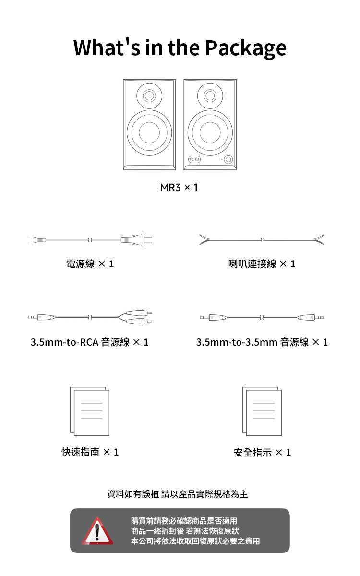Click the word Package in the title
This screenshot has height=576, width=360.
tap(245, 48)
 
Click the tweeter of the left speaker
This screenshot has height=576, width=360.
tap(149, 95)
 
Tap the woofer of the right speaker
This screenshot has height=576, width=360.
tap(210, 132)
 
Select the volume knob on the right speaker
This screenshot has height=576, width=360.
tap(228, 159)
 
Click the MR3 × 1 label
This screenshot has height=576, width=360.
tap(179, 187)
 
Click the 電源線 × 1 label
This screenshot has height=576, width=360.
tap(90, 264)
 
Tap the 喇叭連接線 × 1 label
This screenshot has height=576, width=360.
tap(262, 264)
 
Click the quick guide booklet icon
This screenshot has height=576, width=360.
tap(90, 411)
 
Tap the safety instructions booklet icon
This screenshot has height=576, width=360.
tap(262, 411)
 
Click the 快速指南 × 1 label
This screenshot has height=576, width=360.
tap(90, 452)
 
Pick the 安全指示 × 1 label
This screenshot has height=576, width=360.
tap(262, 452)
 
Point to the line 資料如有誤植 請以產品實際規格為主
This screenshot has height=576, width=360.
tap(178, 494)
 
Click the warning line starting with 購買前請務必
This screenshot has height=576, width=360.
tap(184, 521)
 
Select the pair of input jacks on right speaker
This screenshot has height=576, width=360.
tap(194, 159)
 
